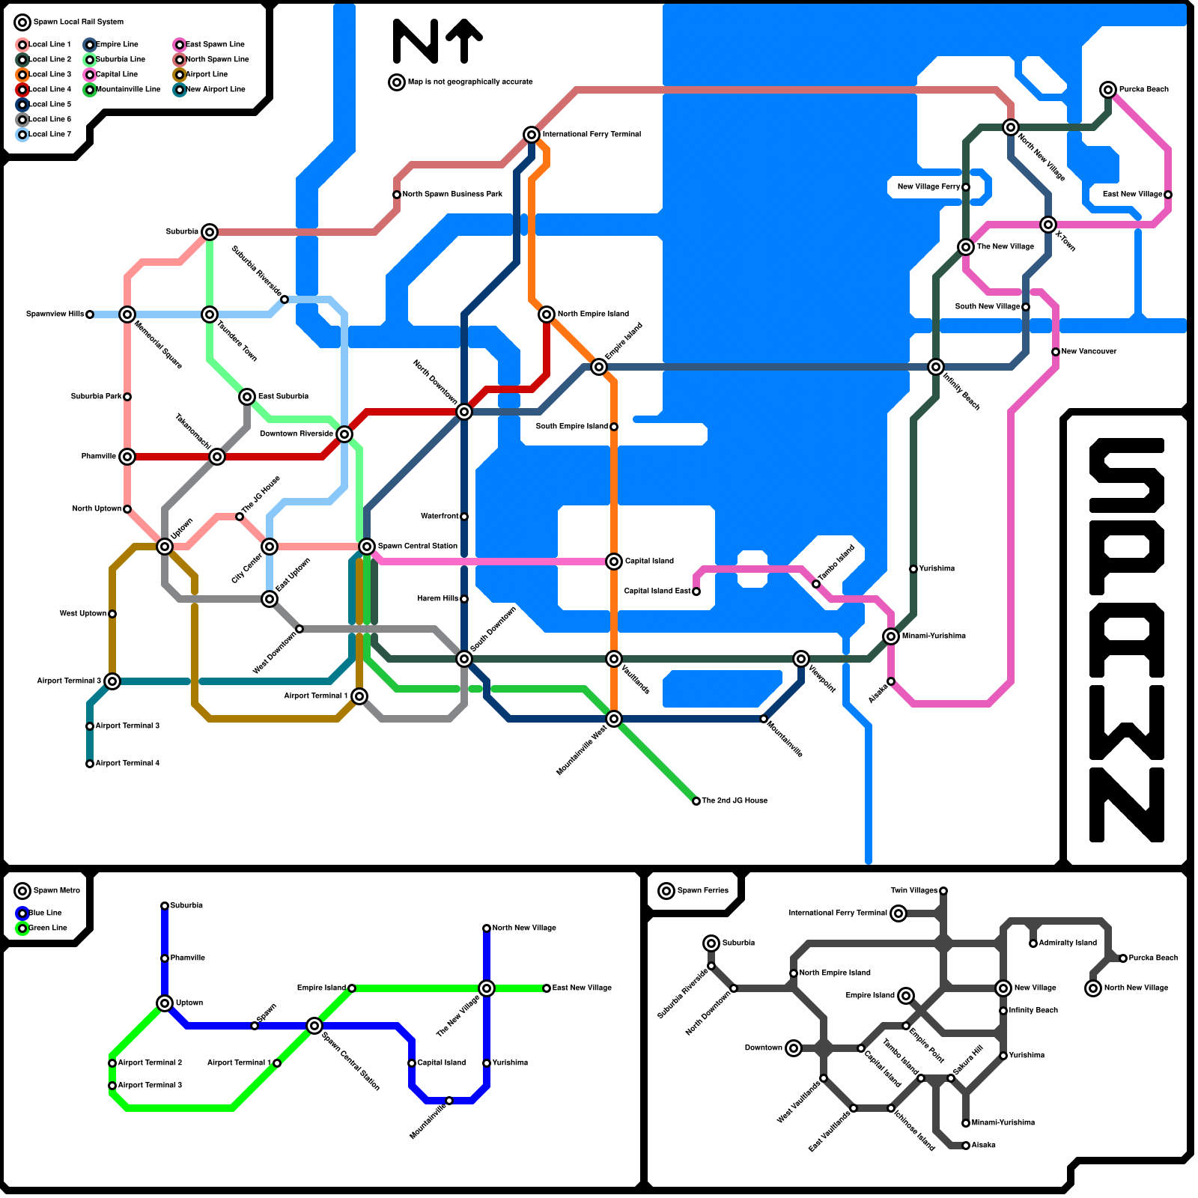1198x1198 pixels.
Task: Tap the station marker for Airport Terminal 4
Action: click(90, 764)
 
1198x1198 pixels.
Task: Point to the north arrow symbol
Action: click(465, 40)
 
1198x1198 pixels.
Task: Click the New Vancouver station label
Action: click(1089, 351)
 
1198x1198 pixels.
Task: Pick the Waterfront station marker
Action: click(464, 517)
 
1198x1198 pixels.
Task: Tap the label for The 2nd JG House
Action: click(734, 800)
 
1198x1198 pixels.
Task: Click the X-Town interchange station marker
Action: click(1048, 225)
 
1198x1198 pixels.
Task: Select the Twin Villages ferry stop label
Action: click(913, 890)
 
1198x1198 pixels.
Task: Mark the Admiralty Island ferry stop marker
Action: click(1033, 943)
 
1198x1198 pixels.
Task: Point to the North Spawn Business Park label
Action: click(452, 194)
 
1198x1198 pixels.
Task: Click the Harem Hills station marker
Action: click(464, 599)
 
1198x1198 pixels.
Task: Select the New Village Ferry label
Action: click(928, 186)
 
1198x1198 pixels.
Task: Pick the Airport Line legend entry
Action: click(206, 74)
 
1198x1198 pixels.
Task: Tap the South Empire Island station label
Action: click(572, 426)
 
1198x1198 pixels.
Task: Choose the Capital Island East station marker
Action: click(696, 592)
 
